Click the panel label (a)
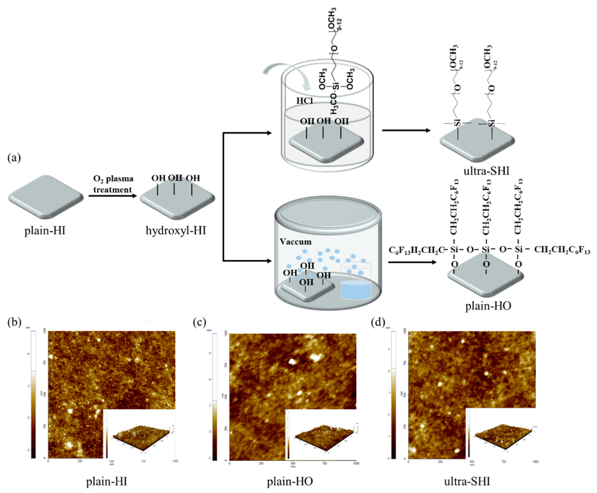14,158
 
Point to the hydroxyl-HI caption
176,230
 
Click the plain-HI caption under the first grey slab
45,230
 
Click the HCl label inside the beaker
305,100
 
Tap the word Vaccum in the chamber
295,242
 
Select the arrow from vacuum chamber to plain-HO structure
412,262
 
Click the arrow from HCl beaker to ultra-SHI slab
406,130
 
